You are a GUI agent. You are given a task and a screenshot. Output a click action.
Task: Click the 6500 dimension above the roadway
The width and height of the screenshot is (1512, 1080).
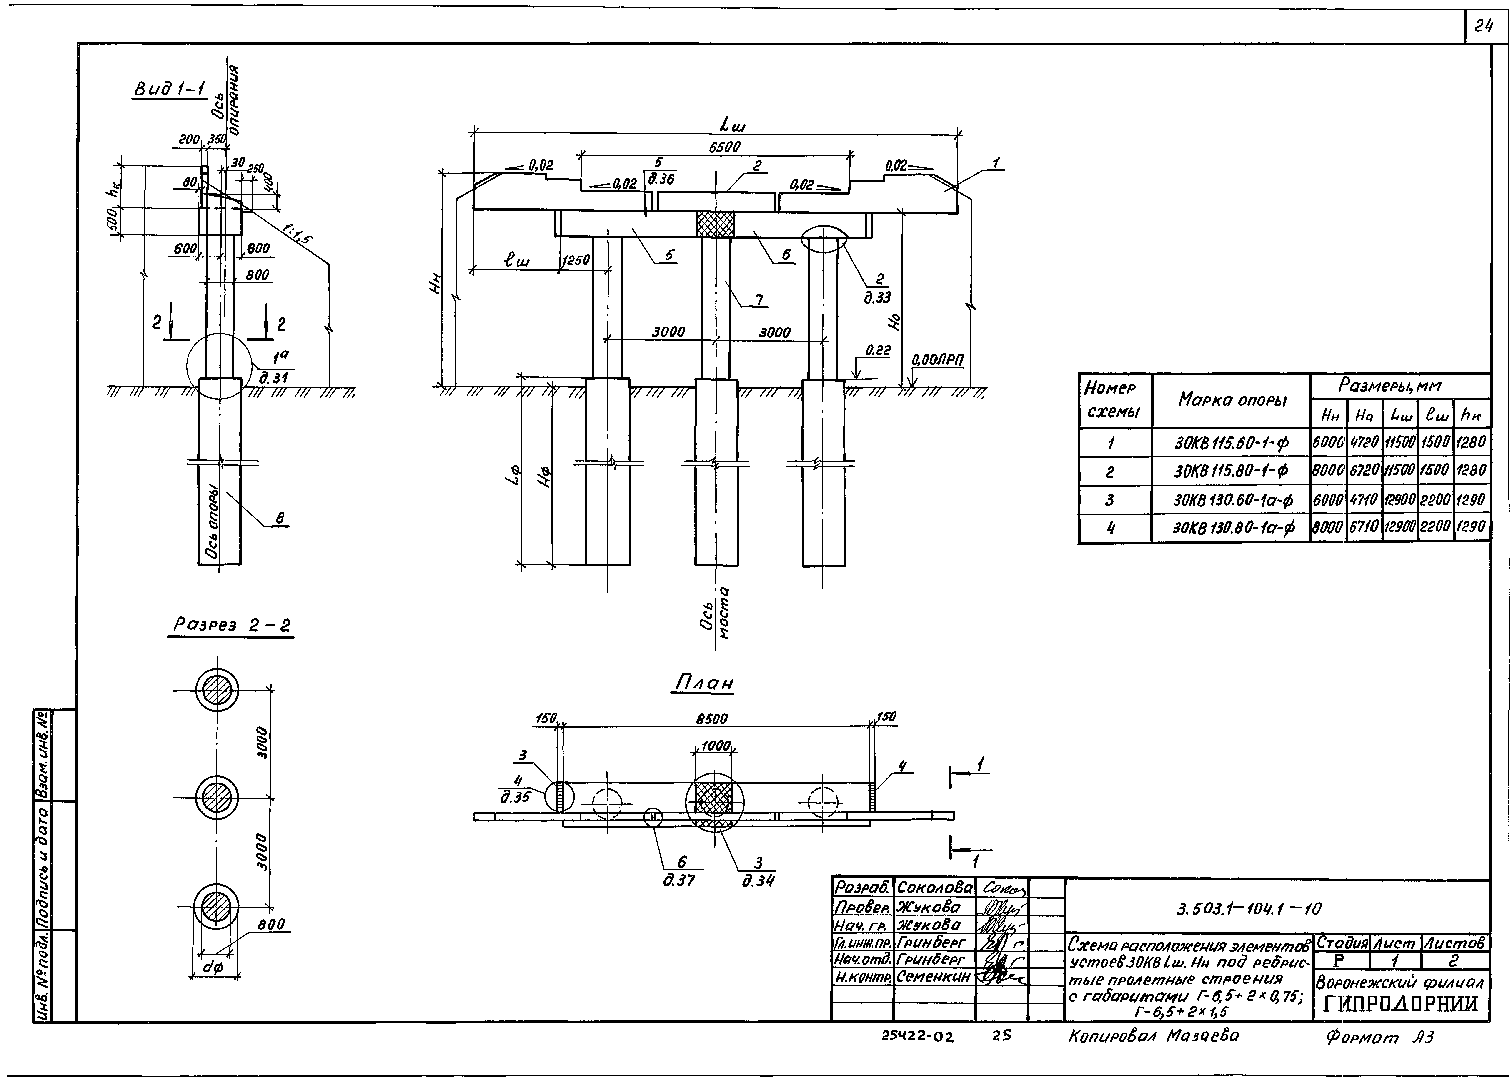pyautogui.click(x=724, y=147)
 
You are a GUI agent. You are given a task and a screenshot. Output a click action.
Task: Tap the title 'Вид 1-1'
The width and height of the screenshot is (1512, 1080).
pyautogui.click(x=170, y=88)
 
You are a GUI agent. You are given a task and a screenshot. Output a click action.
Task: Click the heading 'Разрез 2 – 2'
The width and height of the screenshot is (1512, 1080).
pyautogui.click(x=231, y=625)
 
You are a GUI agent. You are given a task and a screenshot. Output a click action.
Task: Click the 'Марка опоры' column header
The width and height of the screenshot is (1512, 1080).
pyautogui.click(x=1232, y=400)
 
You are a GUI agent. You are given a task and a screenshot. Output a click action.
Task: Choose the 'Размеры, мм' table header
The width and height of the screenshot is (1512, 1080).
pyautogui.click(x=1399, y=386)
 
